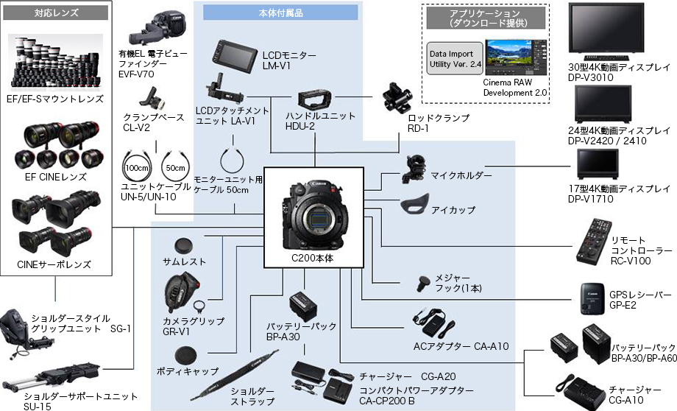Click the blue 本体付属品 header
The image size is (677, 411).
[x=280, y=13]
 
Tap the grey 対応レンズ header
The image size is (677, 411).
[x=55, y=13]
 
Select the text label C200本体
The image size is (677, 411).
[x=313, y=259]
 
